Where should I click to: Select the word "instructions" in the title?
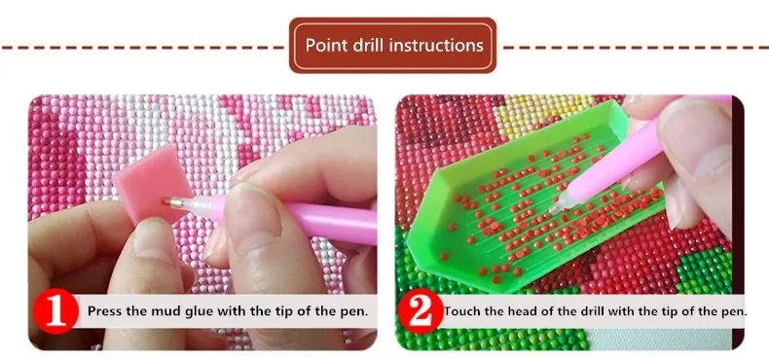click(436, 45)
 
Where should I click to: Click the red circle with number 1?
click(55, 311)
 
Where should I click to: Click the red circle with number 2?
click(421, 311)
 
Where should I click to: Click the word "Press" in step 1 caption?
click(102, 311)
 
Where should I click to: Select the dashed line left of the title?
click(144, 48)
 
